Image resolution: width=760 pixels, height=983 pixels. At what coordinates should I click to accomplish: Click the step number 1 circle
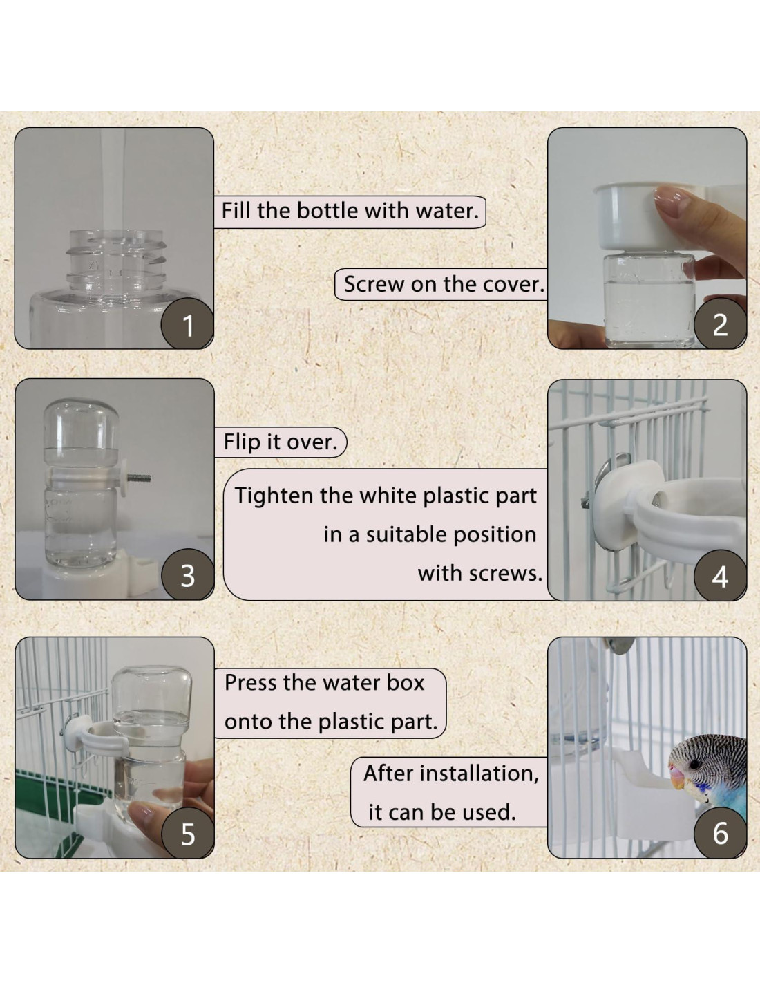[188, 324]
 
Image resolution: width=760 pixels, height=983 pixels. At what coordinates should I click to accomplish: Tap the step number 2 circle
[720, 324]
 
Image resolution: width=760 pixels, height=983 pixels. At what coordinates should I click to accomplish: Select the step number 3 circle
[188, 575]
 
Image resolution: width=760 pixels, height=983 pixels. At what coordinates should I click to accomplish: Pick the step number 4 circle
[720, 575]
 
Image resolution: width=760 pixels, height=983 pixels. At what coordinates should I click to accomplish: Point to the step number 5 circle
[188, 833]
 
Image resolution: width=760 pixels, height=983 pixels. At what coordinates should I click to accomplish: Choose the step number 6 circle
[720, 833]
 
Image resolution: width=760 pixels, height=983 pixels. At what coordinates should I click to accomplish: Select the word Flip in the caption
[243, 442]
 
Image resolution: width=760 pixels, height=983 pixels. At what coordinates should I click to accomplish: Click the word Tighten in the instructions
[274, 496]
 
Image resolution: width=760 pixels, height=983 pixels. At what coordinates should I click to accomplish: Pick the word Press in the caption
[250, 683]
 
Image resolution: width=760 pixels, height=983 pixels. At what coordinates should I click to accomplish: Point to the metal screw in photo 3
[139, 478]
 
